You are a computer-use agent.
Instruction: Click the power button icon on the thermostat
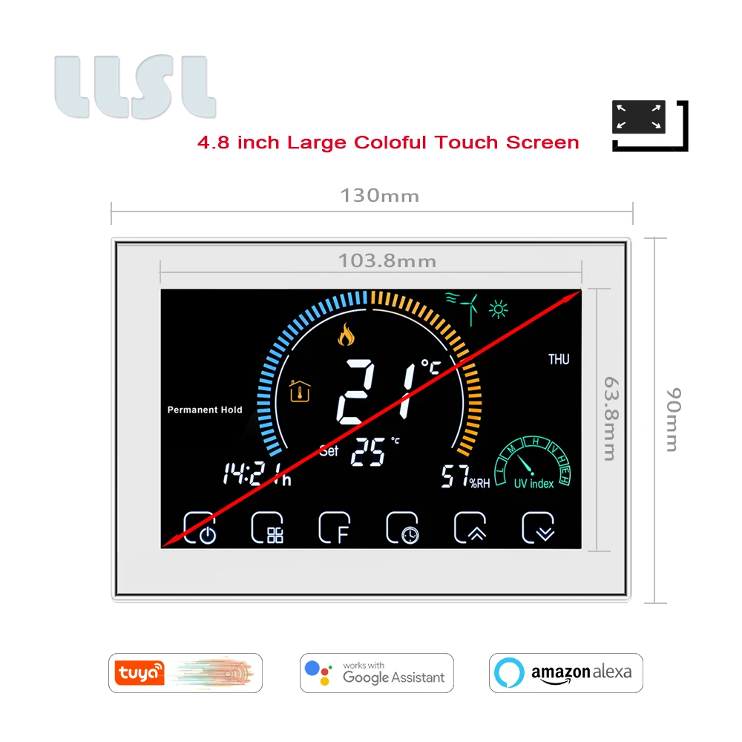(200, 528)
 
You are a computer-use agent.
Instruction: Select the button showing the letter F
(335, 528)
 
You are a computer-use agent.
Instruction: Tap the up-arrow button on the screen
(470, 528)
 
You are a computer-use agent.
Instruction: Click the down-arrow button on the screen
(539, 528)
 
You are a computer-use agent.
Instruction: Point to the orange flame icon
(346, 335)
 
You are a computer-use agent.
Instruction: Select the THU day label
(559, 360)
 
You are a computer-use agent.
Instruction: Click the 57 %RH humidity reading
(466, 477)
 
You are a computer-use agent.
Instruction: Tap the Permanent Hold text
(205, 410)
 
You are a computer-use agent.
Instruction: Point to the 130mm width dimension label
(379, 196)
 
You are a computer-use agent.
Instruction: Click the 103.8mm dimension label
(387, 261)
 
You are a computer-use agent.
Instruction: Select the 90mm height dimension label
(672, 419)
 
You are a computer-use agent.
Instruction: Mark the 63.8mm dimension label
(609, 418)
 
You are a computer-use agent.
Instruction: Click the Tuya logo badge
(185, 673)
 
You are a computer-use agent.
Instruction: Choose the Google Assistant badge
(376, 673)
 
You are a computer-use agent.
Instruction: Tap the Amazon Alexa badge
(565, 673)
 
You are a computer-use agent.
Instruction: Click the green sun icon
(499, 306)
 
